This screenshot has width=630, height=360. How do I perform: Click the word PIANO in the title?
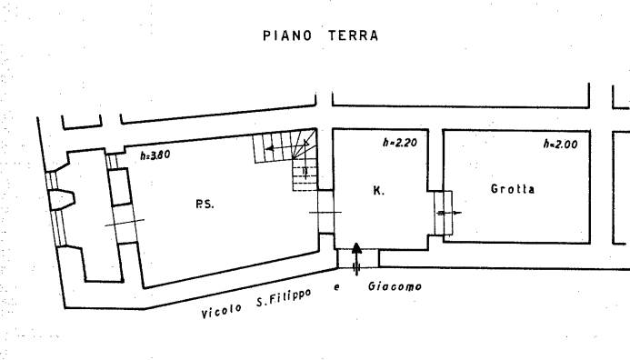pyautogui.click(x=287, y=35)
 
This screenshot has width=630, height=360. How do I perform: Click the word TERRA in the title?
pyautogui.click(x=353, y=35)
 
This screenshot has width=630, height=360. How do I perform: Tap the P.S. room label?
pyautogui.click(x=205, y=205)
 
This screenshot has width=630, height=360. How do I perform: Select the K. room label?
pyautogui.click(x=378, y=190)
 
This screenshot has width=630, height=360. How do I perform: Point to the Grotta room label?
pyautogui.click(x=513, y=189)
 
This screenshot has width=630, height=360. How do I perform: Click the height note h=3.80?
pyautogui.click(x=155, y=155)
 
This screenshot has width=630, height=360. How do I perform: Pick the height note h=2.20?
pyautogui.click(x=400, y=142)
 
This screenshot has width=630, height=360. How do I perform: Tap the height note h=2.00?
pyautogui.click(x=561, y=144)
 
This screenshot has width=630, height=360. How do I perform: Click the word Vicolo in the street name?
pyautogui.click(x=222, y=311)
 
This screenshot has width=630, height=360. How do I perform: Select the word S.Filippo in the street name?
pyautogui.click(x=284, y=297)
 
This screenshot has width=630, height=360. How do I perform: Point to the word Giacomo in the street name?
pyautogui.click(x=395, y=286)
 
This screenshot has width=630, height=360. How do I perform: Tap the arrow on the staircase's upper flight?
pyautogui.click(x=287, y=148)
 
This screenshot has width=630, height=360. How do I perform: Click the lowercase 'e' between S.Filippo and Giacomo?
pyautogui.click(x=336, y=287)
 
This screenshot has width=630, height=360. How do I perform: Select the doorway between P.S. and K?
pyautogui.click(x=325, y=212)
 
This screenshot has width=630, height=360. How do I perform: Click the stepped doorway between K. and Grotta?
pyautogui.click(x=443, y=213)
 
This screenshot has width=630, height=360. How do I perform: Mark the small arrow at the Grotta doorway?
pyautogui.click(x=449, y=213)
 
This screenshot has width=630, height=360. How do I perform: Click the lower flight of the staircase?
pyautogui.click(x=305, y=175)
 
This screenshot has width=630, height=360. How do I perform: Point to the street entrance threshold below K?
pyautogui.click(x=358, y=258)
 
